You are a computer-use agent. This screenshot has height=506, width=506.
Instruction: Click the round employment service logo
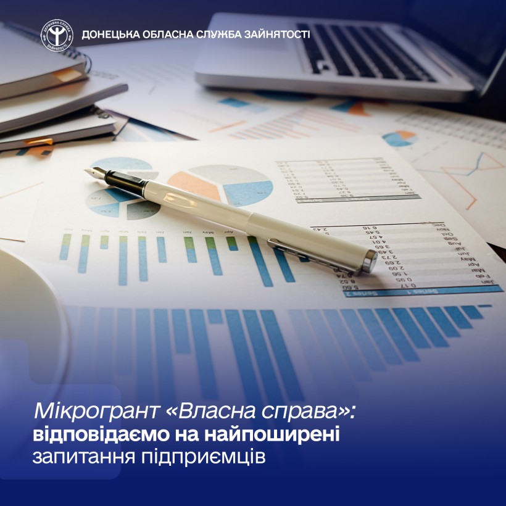pos(56,35)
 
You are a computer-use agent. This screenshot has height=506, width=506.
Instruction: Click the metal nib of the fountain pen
pos(94,173)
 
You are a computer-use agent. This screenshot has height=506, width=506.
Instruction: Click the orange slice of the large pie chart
pos(196,183)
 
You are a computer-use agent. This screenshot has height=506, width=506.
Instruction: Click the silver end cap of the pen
pos(369,264)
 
